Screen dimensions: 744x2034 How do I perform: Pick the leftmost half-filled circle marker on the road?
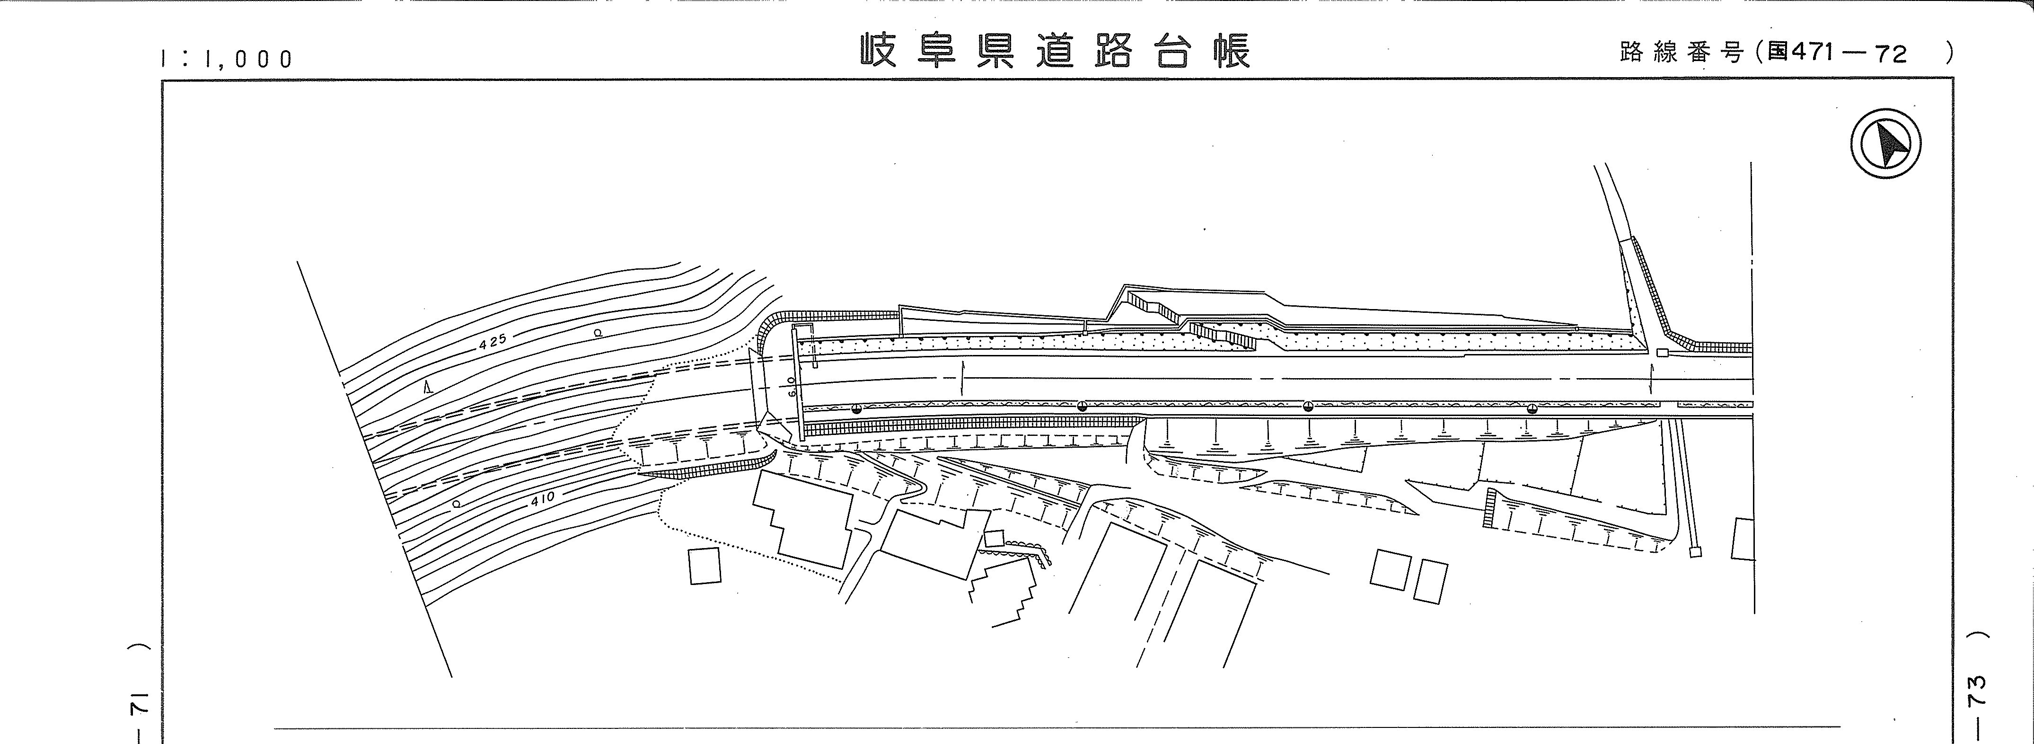point(857,408)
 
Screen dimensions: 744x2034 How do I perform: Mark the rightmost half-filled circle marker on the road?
point(1532,407)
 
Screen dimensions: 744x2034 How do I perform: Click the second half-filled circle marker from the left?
point(1082,407)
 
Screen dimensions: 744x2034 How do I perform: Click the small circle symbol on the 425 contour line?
point(598,333)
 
